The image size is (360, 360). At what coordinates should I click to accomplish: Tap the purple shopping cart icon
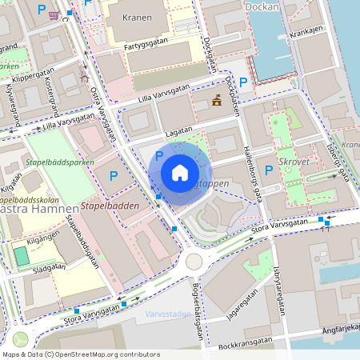pos(53,14)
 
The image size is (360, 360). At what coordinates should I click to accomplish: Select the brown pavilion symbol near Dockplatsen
pos(216,100)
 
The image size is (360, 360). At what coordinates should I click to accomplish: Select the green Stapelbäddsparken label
pos(60,162)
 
